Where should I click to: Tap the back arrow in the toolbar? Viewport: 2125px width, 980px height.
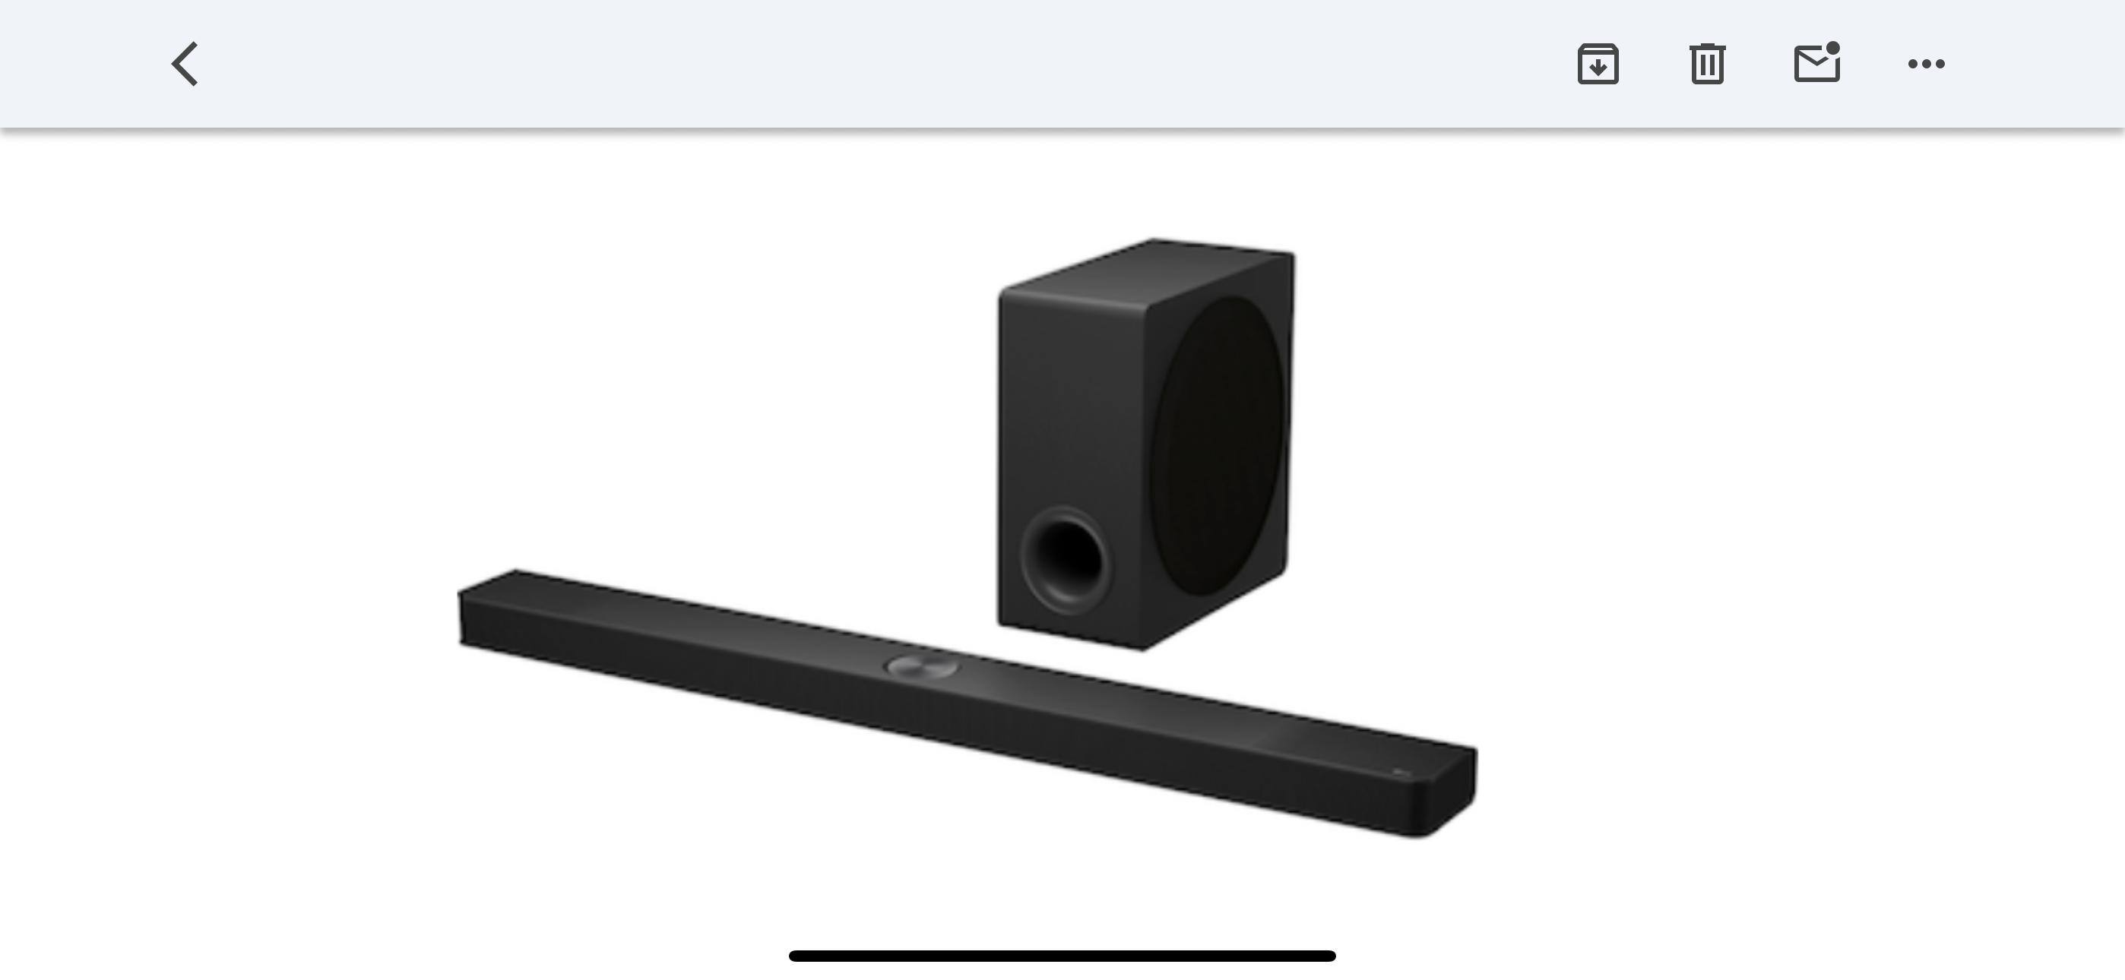point(185,64)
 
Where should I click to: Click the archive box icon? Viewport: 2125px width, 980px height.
point(1598,64)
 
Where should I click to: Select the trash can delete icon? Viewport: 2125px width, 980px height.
point(1707,64)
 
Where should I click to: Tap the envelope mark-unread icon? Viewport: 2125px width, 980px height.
point(1816,65)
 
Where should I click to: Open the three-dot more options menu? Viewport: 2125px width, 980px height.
point(1926,64)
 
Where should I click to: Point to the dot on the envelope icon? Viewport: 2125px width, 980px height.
point(1832,48)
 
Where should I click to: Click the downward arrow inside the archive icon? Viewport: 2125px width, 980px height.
point(1598,68)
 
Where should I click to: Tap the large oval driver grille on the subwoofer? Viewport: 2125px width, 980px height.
point(1218,445)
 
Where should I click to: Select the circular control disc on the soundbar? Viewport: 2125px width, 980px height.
point(921,665)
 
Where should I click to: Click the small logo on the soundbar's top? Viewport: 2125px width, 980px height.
point(1400,773)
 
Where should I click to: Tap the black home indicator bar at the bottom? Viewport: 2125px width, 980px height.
point(1062,955)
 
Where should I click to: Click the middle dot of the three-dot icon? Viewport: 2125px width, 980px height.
point(1926,64)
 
